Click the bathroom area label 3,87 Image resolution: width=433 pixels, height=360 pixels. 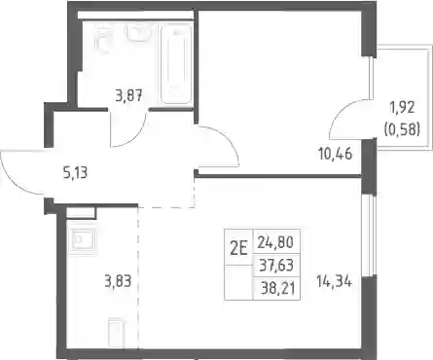pyautogui.click(x=129, y=96)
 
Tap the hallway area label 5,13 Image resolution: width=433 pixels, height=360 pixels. pyautogui.click(x=75, y=173)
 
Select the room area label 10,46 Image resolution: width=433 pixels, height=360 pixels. pyautogui.click(x=336, y=154)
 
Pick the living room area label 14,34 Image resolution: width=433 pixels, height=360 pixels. pyautogui.click(x=334, y=281)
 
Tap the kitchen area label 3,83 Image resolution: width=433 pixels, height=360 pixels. pyautogui.click(x=118, y=281)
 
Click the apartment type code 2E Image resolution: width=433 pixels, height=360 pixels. pyautogui.click(x=238, y=249)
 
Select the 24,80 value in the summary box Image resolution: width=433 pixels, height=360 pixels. pyautogui.click(x=275, y=242)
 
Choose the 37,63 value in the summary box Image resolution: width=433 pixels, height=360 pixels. pyautogui.click(x=276, y=266)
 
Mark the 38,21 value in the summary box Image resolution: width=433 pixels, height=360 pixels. pyautogui.click(x=278, y=288)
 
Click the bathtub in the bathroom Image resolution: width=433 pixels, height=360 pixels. pyautogui.click(x=175, y=64)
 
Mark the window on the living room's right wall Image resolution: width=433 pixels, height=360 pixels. pyautogui.click(x=369, y=235)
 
